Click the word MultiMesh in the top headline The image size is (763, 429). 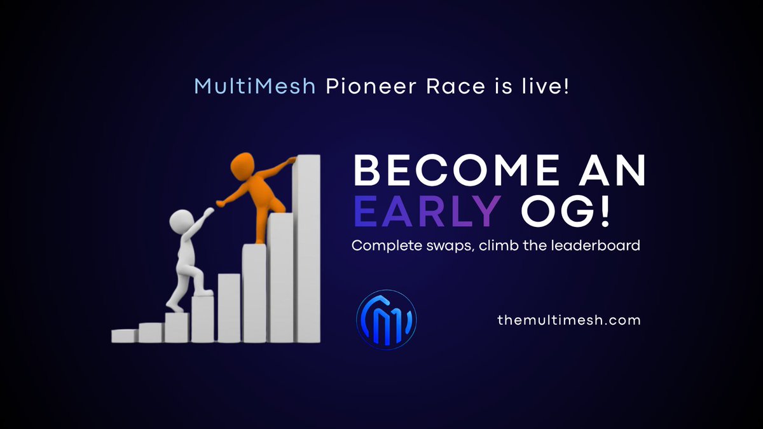pos(255,86)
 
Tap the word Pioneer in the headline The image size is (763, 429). pos(371,86)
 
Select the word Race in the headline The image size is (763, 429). pos(455,86)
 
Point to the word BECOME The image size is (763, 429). pos(457,170)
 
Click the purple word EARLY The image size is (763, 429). pos(427,211)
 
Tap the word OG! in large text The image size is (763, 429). pos(565,211)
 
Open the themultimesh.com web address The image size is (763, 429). pos(569,320)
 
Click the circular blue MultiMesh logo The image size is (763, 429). pos(387,320)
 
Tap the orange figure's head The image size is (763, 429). pos(242,164)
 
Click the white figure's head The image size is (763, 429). pos(181,221)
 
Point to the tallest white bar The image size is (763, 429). pos(306,249)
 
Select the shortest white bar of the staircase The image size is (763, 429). pos(125,336)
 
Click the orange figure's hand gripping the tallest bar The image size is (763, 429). pos(291,160)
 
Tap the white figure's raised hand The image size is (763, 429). pos(208,212)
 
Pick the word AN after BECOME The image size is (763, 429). pos(612,170)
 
